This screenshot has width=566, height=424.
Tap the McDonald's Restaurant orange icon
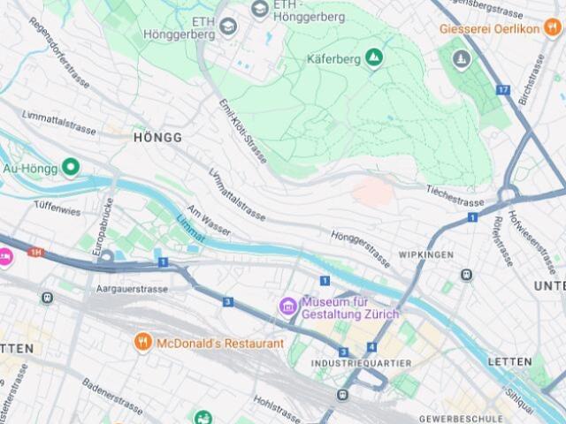pyautogui.click(x=141, y=342)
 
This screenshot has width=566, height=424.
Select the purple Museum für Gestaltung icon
pyautogui.click(x=287, y=307)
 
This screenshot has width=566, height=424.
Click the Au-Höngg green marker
pyautogui.click(x=70, y=166)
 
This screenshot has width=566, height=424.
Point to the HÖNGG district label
pyautogui.click(x=157, y=138)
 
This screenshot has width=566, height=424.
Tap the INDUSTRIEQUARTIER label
pyautogui.click(x=362, y=363)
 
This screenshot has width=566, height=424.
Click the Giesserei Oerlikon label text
pyautogui.click(x=489, y=28)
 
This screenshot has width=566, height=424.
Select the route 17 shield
pyautogui.click(x=502, y=89)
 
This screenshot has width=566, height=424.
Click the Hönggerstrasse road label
pyautogui.click(x=360, y=249)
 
